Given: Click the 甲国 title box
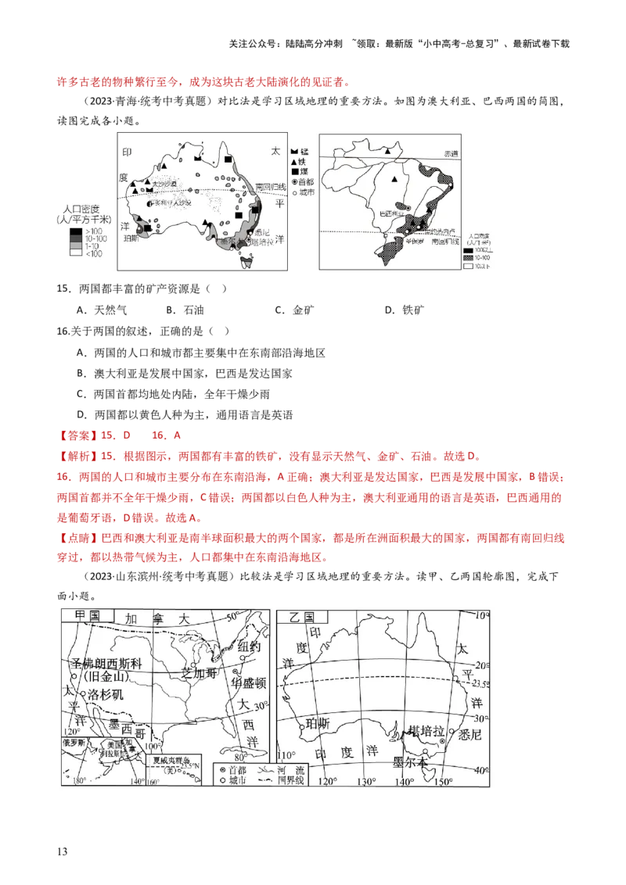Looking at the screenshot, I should pos(84,615).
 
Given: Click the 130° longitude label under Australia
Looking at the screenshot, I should pos(365,782).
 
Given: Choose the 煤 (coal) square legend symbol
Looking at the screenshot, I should pos(295,171).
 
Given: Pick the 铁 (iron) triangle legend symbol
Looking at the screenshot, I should pos(295,160).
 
